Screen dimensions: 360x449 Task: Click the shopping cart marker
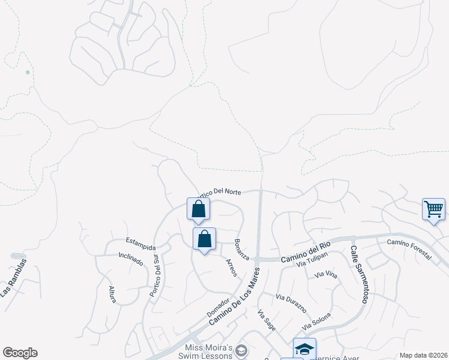tap(433, 209)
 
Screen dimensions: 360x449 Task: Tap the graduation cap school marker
tap(304, 349)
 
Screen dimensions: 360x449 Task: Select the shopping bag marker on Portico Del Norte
tap(198, 209)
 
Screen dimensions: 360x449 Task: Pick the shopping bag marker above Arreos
tap(204, 239)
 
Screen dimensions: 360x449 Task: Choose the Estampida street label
tap(140, 244)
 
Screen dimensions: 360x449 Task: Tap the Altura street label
tap(112, 294)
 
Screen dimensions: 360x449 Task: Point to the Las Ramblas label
tap(14, 277)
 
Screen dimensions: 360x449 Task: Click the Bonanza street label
tap(242, 248)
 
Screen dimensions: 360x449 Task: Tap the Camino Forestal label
tap(409, 249)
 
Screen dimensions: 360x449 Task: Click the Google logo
tap(20, 353)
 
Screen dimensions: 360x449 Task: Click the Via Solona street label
tap(317, 322)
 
